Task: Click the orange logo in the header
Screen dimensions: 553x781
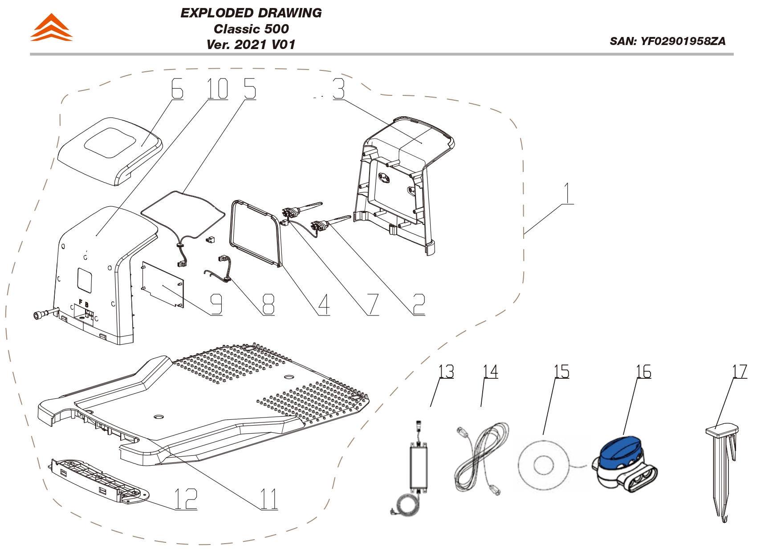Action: (51, 28)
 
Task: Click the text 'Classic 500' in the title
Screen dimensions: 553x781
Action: (251, 29)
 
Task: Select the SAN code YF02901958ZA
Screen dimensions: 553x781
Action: (667, 41)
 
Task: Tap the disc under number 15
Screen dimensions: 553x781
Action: (543, 465)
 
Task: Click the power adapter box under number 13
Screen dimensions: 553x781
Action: (419, 466)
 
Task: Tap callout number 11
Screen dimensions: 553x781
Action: (269, 499)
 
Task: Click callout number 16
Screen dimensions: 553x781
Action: (643, 371)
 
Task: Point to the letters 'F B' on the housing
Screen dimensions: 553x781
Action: (83, 303)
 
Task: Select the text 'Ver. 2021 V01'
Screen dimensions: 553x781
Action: (251, 45)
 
